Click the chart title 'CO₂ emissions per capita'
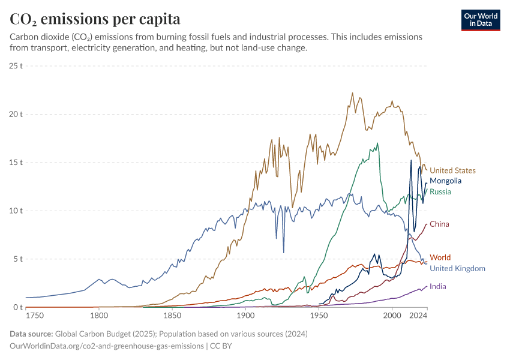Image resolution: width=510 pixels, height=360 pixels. (x=95, y=19)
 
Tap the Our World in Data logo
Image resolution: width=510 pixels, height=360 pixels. (x=481, y=20)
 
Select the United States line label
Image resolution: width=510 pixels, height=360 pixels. (x=452, y=170)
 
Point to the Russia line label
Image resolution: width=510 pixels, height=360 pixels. (x=440, y=192)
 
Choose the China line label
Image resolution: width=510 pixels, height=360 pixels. (x=439, y=224)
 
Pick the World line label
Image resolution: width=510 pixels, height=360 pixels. (x=440, y=258)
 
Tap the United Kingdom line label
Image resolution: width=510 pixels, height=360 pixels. (x=457, y=268)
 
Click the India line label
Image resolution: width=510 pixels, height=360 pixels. (x=437, y=287)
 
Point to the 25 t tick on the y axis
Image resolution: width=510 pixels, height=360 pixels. (x=16, y=65)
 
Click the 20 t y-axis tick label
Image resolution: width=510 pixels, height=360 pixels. (x=16, y=114)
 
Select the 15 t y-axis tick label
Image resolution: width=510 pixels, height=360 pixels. (x=16, y=163)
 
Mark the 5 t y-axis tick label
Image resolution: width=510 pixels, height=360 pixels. (x=18, y=259)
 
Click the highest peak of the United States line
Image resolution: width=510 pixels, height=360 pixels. (x=352, y=93)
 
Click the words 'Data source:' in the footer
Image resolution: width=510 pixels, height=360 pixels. (x=31, y=334)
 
